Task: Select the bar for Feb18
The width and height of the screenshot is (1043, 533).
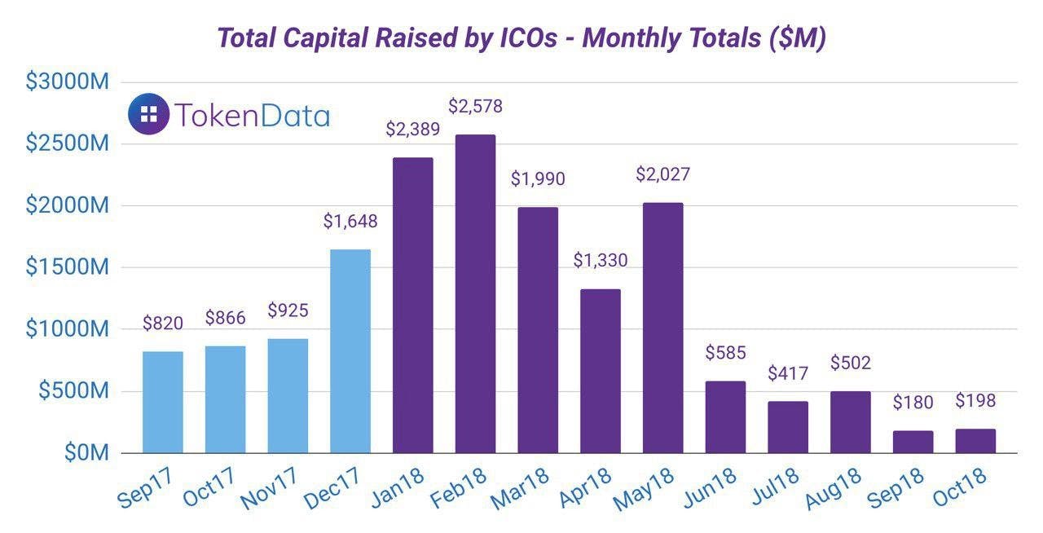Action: tap(475, 293)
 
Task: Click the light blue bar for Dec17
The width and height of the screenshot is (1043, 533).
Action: tap(350, 350)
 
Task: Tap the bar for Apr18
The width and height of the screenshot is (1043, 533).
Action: tap(601, 371)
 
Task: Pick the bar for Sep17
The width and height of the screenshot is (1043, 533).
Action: tap(163, 402)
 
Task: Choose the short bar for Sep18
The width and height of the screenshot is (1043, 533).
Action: tap(913, 442)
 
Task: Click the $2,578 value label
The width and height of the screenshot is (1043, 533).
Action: tap(475, 106)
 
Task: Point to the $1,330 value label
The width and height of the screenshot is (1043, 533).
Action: tap(601, 261)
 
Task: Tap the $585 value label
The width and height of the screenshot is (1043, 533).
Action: tap(726, 354)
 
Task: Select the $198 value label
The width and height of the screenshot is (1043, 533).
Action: tap(975, 400)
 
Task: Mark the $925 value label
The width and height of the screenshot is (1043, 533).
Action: tap(288, 311)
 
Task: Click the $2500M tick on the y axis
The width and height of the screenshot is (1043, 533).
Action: tap(67, 143)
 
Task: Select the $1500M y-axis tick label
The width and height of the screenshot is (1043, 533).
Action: tap(67, 267)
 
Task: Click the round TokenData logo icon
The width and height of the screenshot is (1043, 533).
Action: tap(149, 114)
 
